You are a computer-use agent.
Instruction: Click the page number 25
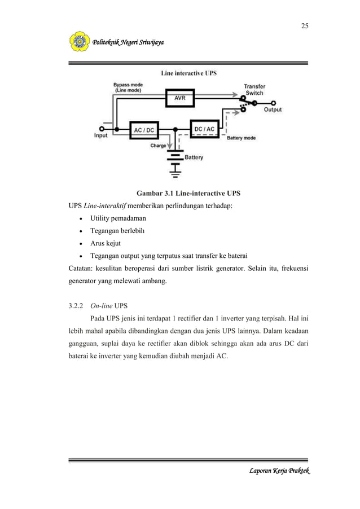point(304,26)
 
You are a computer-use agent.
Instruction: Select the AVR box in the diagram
point(179,97)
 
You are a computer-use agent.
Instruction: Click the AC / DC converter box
point(143,130)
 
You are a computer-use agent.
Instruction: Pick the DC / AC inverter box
point(204,129)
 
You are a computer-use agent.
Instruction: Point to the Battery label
point(194,157)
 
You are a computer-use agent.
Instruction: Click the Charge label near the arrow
point(158,146)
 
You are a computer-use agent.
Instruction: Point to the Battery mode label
point(241,138)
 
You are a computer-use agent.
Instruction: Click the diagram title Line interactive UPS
point(188,73)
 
